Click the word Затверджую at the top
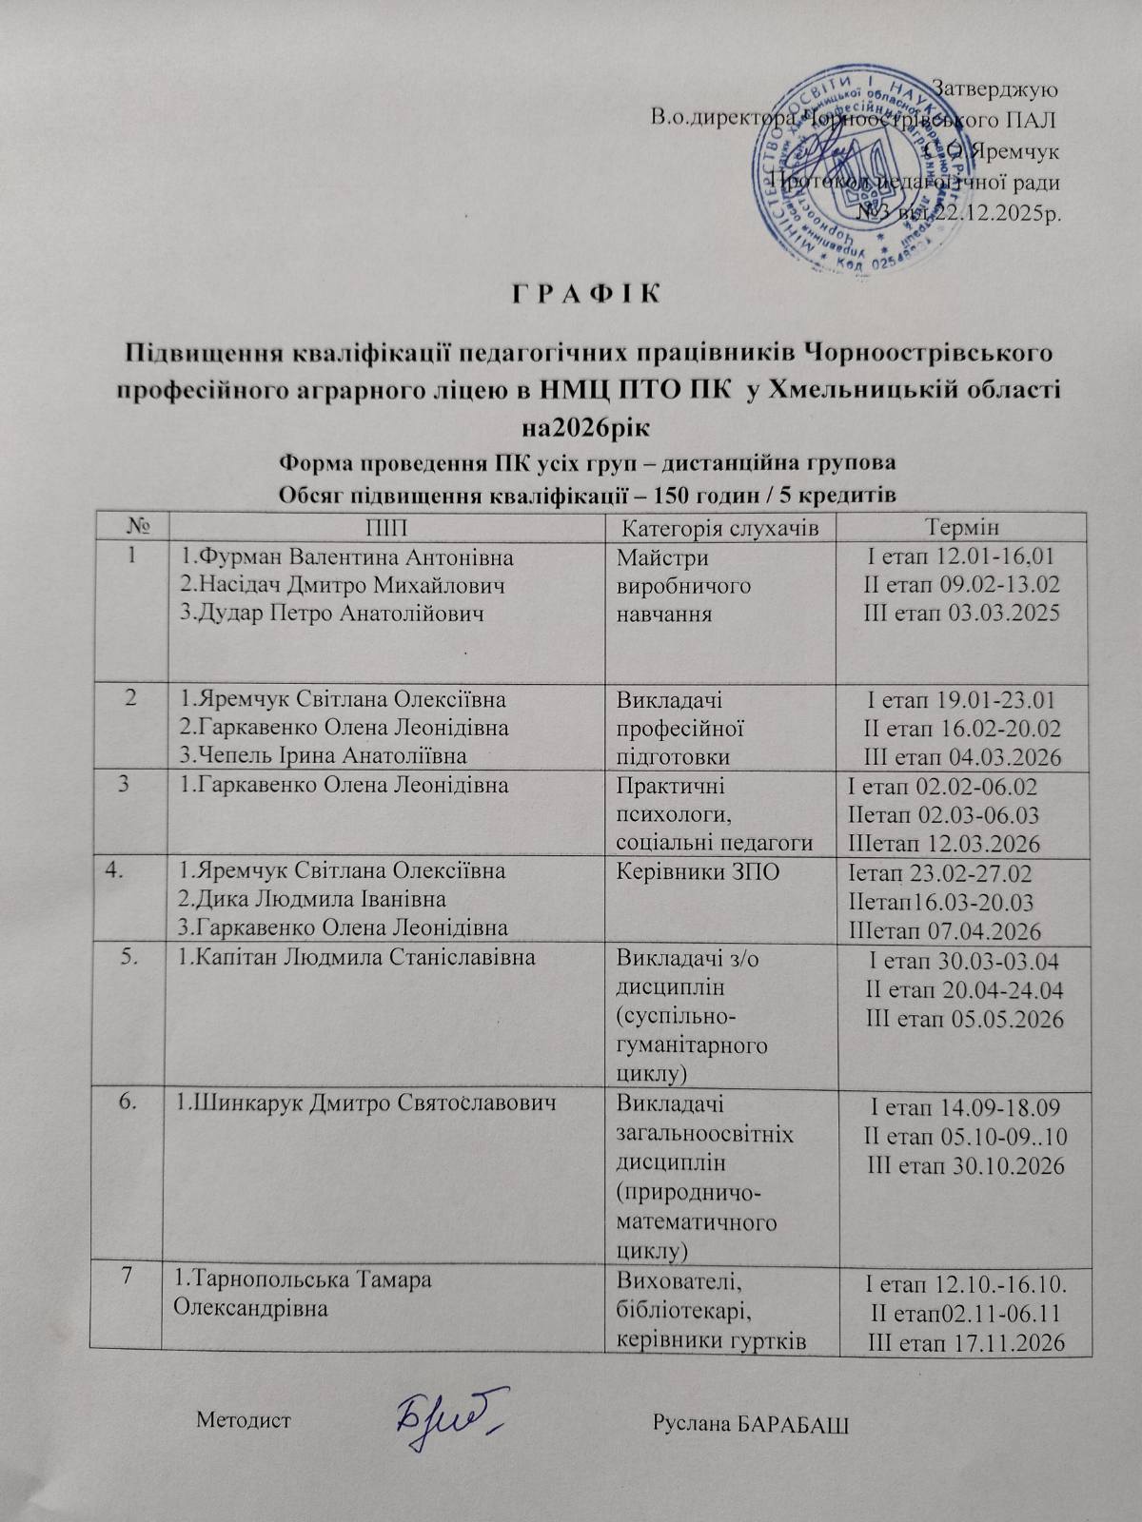(997, 88)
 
